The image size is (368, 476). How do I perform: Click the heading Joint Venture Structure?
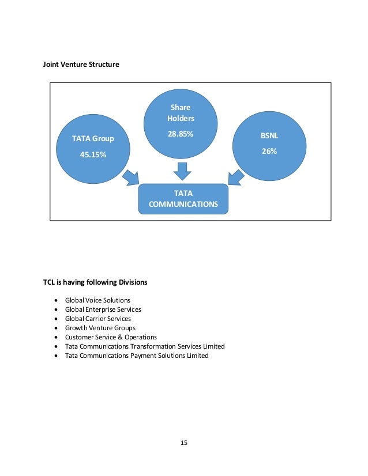click(x=81, y=65)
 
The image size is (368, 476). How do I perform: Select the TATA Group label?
click(x=93, y=139)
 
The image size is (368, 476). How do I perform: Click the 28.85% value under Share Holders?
click(x=181, y=134)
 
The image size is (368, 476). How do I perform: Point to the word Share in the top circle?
click(x=181, y=107)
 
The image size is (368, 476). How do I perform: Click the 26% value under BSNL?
click(x=269, y=152)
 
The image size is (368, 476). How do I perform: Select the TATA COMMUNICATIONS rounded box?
click(x=183, y=199)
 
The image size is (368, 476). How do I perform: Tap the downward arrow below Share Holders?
click(x=182, y=171)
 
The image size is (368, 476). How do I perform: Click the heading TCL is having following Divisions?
click(x=95, y=282)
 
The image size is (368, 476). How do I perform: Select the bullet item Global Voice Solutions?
click(x=97, y=300)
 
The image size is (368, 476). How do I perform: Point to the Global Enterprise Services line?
click(x=103, y=309)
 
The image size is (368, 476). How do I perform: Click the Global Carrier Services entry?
click(x=98, y=319)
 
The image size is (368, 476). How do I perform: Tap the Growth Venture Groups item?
click(x=100, y=328)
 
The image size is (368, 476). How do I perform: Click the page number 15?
click(x=184, y=443)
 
